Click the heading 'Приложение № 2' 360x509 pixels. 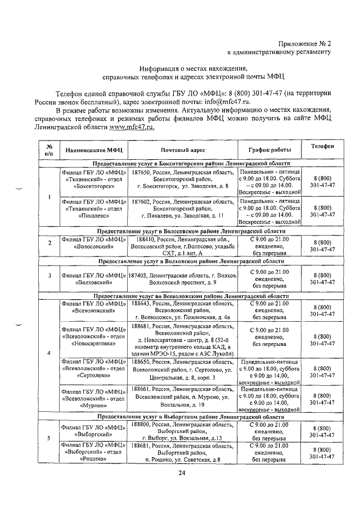(x=305, y=43)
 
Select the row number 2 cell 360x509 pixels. (x=49, y=243)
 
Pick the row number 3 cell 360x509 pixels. (x=49, y=276)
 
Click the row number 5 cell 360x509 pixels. (x=49, y=438)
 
